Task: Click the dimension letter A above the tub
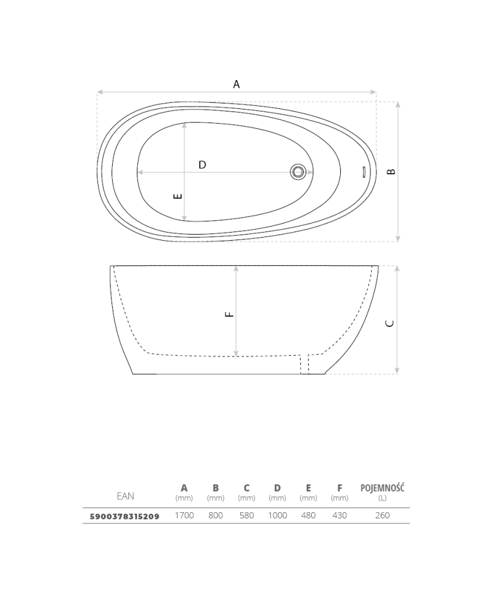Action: (x=237, y=84)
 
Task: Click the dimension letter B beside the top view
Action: (x=391, y=171)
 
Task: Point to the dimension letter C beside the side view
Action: (x=389, y=323)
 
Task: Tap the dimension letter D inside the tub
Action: (x=202, y=165)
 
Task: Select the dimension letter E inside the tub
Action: (x=177, y=196)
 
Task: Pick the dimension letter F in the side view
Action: (x=230, y=314)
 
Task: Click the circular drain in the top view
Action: (x=298, y=172)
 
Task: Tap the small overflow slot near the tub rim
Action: (x=364, y=172)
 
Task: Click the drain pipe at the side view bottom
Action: (x=304, y=364)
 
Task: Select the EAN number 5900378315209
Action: (x=124, y=517)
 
